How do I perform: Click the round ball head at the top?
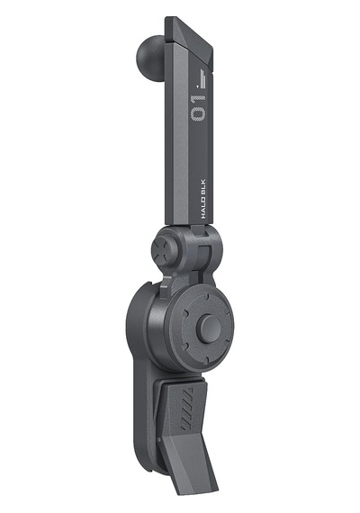coord(150,54)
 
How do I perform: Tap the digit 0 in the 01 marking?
coord(198,113)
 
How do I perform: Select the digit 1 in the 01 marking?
coord(198,98)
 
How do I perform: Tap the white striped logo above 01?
coord(203,79)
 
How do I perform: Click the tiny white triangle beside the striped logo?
coord(197,86)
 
